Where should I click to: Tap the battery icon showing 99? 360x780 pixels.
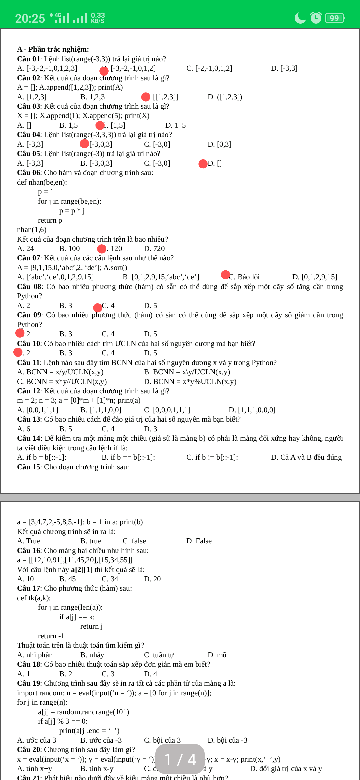click(335, 18)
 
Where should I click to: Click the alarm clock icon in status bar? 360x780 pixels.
click(316, 18)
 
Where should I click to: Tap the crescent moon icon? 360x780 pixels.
click(300, 18)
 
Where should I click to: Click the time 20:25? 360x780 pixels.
click(30, 18)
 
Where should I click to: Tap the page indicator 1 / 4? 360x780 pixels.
click(180, 759)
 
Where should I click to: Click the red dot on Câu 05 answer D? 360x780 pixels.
click(203, 164)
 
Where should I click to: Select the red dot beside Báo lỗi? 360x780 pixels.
click(226, 275)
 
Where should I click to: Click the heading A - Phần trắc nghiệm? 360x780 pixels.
click(53, 49)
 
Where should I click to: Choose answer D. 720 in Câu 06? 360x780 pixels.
click(154, 249)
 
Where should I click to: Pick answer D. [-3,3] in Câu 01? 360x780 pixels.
click(284, 68)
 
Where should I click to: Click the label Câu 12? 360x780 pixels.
click(29, 391)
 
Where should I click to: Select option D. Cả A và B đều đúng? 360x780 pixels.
click(306, 457)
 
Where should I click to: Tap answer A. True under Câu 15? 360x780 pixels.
click(29, 541)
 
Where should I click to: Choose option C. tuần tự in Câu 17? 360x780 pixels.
click(159, 655)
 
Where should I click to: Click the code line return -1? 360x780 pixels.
click(51, 636)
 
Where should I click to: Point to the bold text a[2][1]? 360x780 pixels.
click(82, 570)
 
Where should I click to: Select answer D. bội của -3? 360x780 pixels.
click(227, 740)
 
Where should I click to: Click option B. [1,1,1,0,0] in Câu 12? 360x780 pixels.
click(101, 410)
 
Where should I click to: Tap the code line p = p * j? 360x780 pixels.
click(72, 211)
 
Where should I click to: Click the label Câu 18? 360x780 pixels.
click(29, 664)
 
